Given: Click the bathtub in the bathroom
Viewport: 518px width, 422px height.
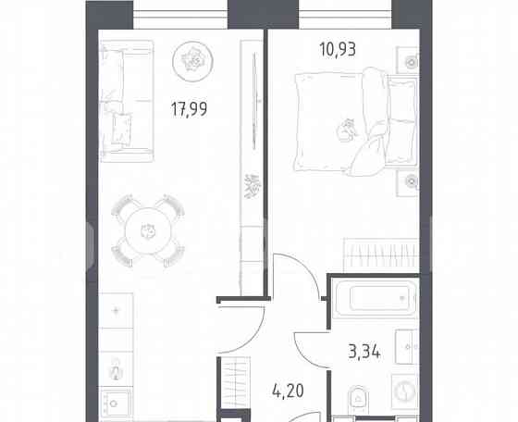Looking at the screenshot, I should pos(375,298).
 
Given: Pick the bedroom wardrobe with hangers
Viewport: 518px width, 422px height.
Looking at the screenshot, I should pos(380,252).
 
